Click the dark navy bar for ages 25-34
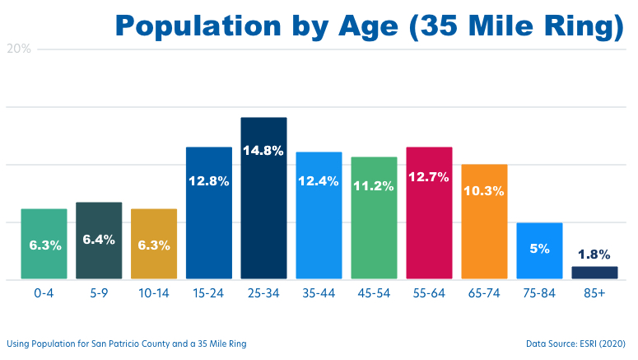click(x=263, y=198)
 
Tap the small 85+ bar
click(x=594, y=273)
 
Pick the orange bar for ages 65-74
click(x=484, y=222)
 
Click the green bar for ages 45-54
click(x=374, y=217)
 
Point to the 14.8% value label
click(x=263, y=151)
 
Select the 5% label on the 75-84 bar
click(x=539, y=247)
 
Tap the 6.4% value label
click(x=99, y=240)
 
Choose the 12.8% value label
click(x=208, y=181)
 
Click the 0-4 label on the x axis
click(x=44, y=293)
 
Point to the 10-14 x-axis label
click(x=154, y=293)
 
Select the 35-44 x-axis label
click(x=319, y=293)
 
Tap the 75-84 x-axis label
click(x=539, y=293)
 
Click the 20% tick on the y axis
click(x=19, y=49)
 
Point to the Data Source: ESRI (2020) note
click(x=575, y=344)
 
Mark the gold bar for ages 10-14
click(x=154, y=244)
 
